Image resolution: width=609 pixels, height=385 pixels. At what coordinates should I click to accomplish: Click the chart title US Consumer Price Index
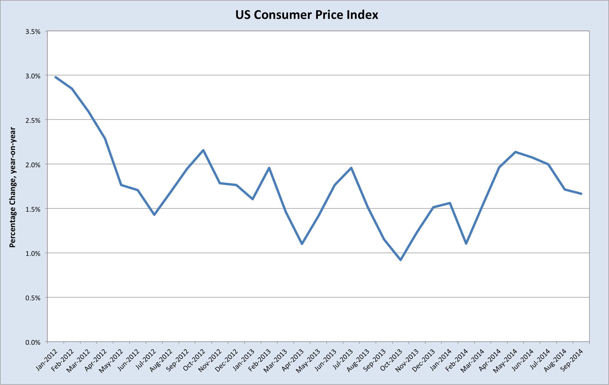coord(306,15)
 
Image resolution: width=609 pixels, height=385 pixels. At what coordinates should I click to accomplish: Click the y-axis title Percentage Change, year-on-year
coord(12,187)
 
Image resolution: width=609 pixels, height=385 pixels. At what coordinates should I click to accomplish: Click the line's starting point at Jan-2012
coord(56,77)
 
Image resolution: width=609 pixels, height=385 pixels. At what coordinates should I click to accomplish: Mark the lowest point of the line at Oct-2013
coord(401,260)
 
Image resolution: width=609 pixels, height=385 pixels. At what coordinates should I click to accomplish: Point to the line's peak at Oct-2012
coord(203,150)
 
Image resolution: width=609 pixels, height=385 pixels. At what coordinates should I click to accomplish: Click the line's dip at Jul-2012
coord(154,215)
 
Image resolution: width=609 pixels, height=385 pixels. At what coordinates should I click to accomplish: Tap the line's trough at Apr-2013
coord(302,244)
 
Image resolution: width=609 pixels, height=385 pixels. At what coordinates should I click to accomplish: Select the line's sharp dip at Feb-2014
coord(466,243)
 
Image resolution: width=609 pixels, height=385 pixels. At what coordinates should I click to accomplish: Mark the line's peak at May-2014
coord(515,152)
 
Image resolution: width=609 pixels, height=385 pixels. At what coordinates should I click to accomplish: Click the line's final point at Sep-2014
coord(581,194)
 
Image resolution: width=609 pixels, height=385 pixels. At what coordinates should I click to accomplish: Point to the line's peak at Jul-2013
coord(351,168)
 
